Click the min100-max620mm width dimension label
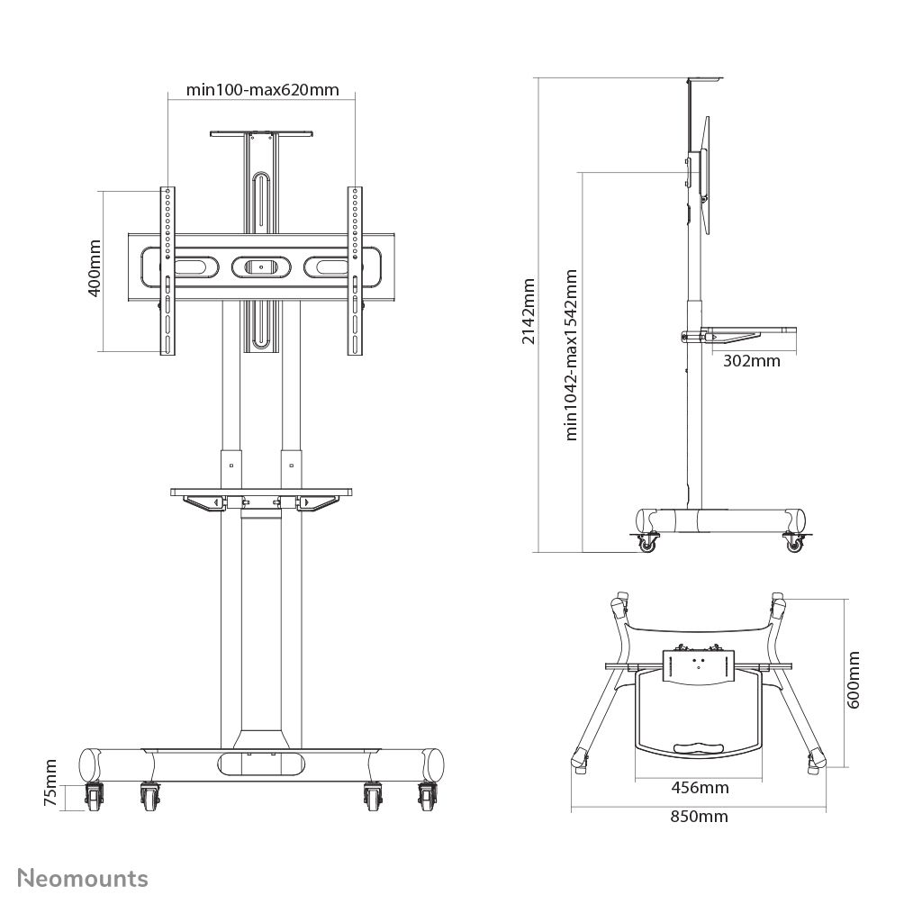262,89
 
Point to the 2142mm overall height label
529,311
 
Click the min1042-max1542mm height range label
571,354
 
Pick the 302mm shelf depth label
751,361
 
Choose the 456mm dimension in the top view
701,788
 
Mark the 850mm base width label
700,817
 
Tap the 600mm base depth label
854,682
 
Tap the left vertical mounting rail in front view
167,271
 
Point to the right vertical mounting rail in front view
356,271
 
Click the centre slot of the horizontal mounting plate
261,267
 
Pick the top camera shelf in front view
261,135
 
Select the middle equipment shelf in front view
261,492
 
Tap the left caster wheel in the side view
646,542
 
